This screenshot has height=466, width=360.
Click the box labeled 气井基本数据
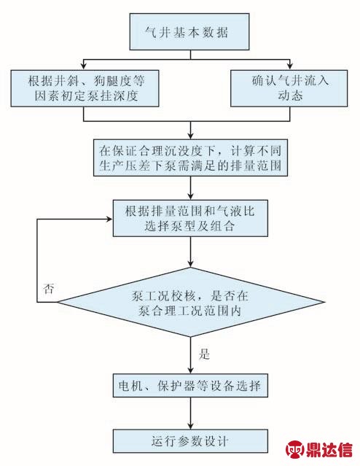(189, 31)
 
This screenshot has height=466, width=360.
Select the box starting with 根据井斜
(85, 88)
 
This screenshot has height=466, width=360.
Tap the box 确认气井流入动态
(289, 88)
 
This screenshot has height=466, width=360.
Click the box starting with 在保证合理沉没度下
(190, 158)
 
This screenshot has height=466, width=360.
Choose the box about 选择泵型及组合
(190, 218)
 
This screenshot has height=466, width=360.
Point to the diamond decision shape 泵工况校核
(190, 302)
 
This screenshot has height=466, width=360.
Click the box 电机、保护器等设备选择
(190, 386)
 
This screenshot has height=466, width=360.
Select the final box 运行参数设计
(190, 441)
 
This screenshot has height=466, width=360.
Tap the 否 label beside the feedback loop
(49, 288)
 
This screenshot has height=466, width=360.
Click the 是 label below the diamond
(204, 354)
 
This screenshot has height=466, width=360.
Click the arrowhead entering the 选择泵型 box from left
(110, 219)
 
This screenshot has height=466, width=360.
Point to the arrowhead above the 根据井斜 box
(84, 66)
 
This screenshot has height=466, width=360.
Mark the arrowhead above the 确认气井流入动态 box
(289, 66)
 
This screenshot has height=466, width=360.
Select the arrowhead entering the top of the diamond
(190, 264)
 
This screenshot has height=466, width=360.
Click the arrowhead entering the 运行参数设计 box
(190, 426)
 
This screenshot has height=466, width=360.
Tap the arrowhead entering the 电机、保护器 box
(190, 370)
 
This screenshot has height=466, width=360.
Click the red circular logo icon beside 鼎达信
(295, 450)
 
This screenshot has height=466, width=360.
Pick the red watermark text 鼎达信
(329, 450)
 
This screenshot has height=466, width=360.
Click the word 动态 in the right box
(290, 96)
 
